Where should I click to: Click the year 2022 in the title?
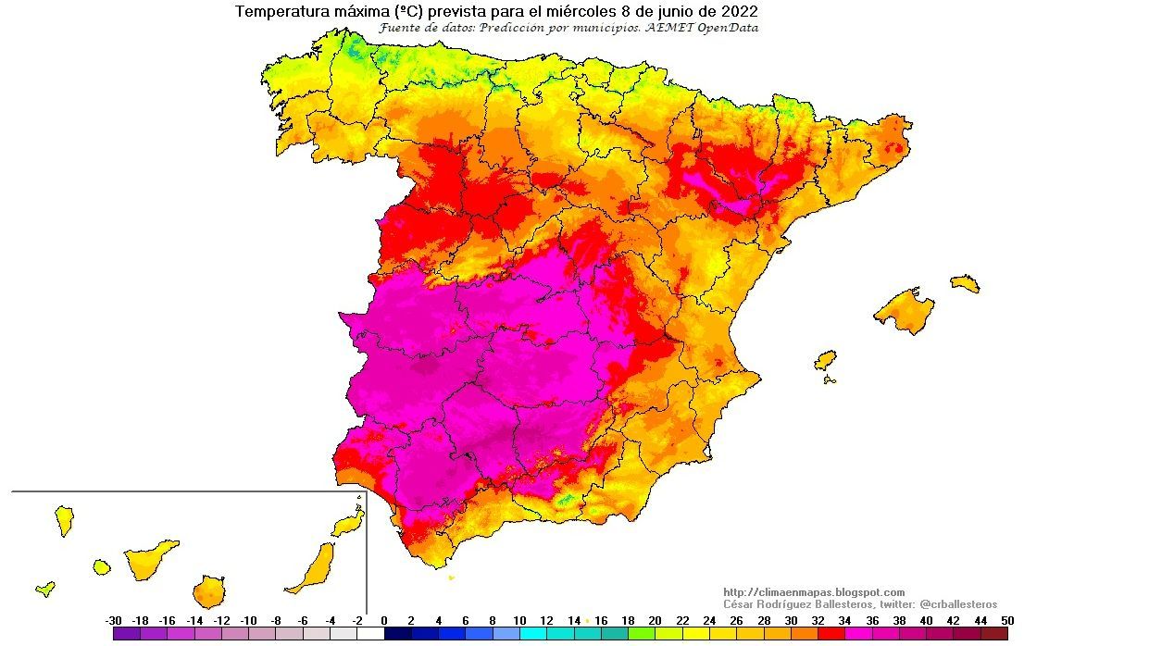[739, 12]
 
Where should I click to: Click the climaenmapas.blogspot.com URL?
[814, 592]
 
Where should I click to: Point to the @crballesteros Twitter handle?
[958, 604]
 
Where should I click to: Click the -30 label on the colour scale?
[113, 620]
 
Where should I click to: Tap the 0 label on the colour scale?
[383, 620]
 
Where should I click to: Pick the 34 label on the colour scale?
[843, 620]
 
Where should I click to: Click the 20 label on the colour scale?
[655, 620]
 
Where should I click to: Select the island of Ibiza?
[825, 360]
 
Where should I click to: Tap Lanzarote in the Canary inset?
[348, 525]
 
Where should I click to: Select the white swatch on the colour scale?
[370, 634]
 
